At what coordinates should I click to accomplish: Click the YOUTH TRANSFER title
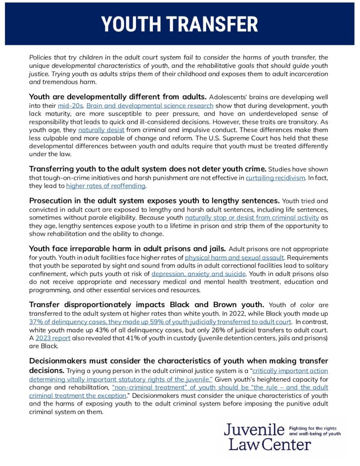pyautogui.click(x=179, y=24)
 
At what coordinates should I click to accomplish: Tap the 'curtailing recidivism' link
pyautogui.click(x=275, y=178)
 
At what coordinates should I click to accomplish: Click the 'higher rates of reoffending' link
pyautogui.click(x=106, y=186)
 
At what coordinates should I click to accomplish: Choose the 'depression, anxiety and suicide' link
pyautogui.click(x=198, y=274)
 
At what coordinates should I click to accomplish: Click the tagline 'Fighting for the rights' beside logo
pyautogui.click(x=314, y=428)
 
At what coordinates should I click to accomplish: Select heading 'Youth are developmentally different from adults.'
pyautogui.click(x=118, y=96)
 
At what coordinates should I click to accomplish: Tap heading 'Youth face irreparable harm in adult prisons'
pyautogui.click(x=127, y=249)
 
